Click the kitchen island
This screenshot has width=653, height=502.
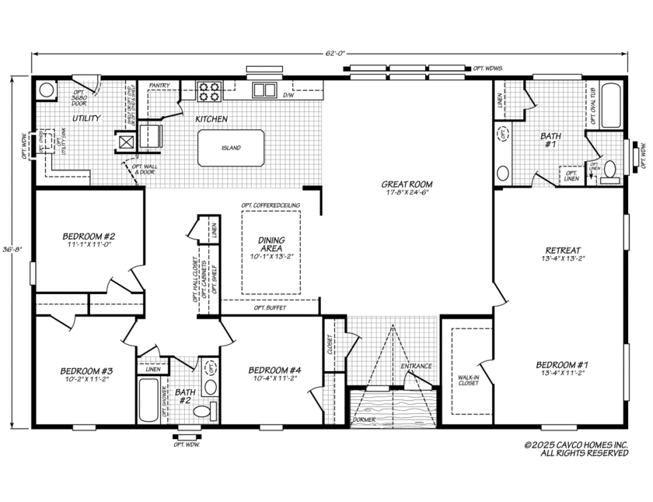point(231,148)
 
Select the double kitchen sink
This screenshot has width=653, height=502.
point(264,90)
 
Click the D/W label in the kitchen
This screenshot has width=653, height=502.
point(288,96)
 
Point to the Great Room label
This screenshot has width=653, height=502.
point(407,184)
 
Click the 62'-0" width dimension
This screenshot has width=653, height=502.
point(335,54)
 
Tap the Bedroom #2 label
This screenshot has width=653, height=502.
point(89,236)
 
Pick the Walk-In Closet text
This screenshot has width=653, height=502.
point(468,379)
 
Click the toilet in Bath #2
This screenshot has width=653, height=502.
point(202,411)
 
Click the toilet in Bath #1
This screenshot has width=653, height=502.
point(610,170)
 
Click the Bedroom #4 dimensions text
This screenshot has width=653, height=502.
point(270,380)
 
